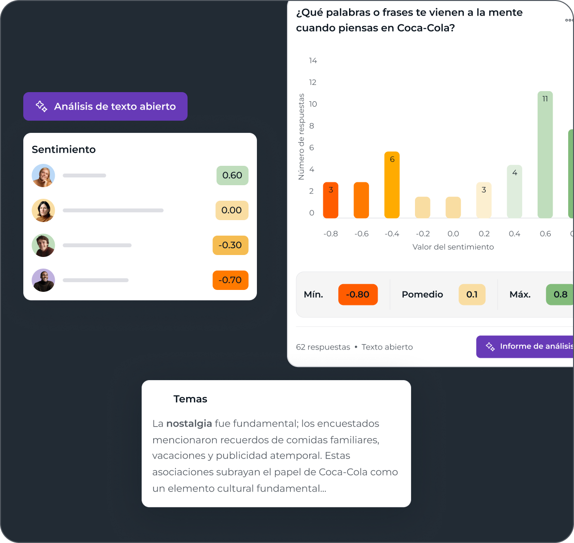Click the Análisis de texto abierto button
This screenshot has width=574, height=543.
click(105, 106)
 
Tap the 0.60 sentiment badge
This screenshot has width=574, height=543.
click(232, 176)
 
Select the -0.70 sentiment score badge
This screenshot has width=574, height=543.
click(230, 280)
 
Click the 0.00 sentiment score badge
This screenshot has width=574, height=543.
click(232, 210)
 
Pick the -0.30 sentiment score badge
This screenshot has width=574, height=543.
click(230, 245)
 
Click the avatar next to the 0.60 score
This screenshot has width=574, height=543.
click(43, 176)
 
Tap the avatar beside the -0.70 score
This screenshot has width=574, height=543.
click(43, 280)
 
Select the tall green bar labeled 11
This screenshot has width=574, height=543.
click(545, 155)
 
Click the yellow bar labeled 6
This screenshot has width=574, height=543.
click(392, 185)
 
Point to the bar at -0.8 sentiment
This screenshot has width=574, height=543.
click(331, 200)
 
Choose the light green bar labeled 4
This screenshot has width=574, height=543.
click(514, 192)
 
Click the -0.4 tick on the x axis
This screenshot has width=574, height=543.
click(392, 234)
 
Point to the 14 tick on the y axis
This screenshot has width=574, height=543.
click(313, 61)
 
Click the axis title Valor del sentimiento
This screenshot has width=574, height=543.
click(453, 247)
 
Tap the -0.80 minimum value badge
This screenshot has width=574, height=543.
click(358, 294)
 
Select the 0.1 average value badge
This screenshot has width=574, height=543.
click(472, 294)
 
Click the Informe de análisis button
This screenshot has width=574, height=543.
click(526, 347)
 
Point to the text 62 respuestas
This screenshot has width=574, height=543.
click(323, 347)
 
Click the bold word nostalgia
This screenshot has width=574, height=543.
click(189, 423)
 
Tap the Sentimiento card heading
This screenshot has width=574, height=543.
click(64, 149)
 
